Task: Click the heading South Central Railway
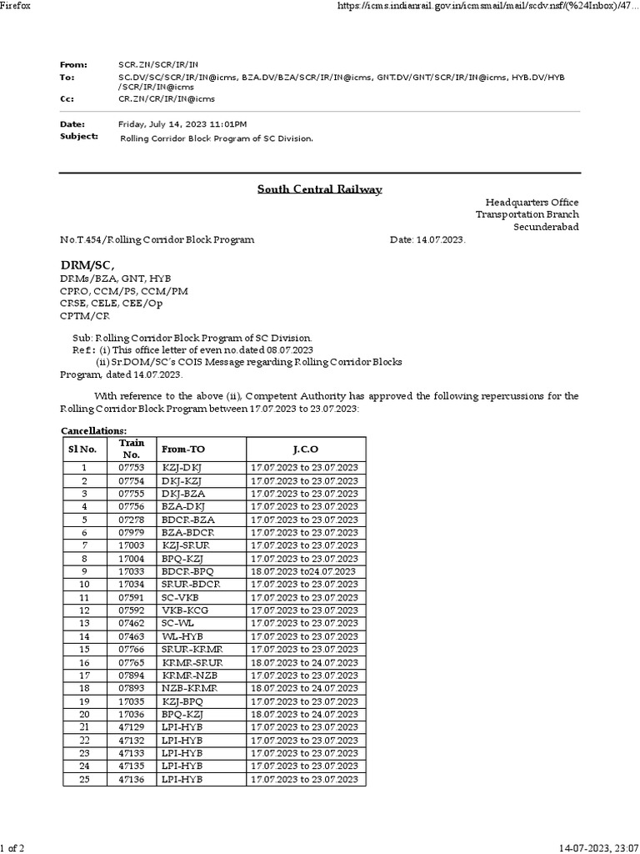click(x=319, y=189)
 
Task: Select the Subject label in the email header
click(x=79, y=136)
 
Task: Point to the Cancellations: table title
click(x=94, y=430)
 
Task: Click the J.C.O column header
click(x=306, y=449)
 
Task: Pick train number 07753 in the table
click(x=132, y=468)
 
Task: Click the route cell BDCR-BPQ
click(x=187, y=571)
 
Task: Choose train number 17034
click(x=132, y=585)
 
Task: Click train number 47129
click(x=132, y=727)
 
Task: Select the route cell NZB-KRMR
click(x=190, y=688)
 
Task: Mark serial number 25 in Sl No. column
click(x=84, y=779)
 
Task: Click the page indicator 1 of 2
click(x=12, y=848)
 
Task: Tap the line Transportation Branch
click(x=527, y=214)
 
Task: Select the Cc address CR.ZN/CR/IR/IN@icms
click(x=166, y=98)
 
